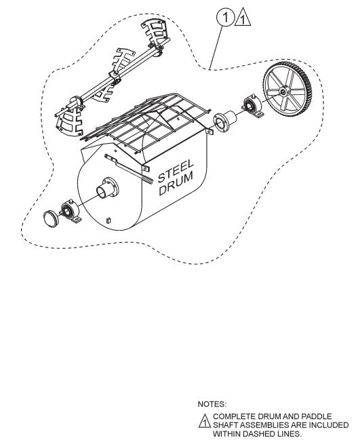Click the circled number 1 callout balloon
(x=226, y=18)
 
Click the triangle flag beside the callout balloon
(x=243, y=18)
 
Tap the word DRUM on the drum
(x=176, y=184)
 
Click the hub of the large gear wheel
(x=283, y=92)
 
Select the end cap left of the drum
(x=51, y=218)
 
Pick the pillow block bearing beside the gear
(x=253, y=107)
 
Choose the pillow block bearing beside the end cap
(x=71, y=212)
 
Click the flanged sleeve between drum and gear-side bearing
(x=224, y=121)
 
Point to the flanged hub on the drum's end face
(x=108, y=188)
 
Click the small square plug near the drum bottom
(x=108, y=220)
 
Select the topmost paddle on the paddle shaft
(x=155, y=31)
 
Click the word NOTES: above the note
(x=212, y=404)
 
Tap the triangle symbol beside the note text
(x=204, y=421)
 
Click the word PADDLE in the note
(x=317, y=417)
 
